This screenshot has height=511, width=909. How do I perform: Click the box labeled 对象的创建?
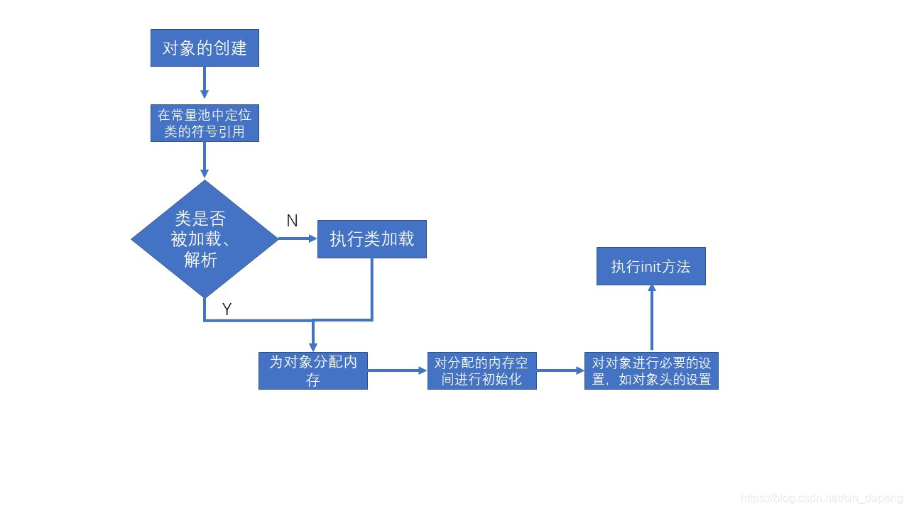pyautogui.click(x=205, y=48)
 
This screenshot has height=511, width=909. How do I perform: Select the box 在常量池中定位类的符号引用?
pyautogui.click(x=205, y=123)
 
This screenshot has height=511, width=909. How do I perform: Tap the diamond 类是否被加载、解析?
pyautogui.click(x=205, y=239)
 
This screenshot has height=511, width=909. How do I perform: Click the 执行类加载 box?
pyautogui.click(x=371, y=239)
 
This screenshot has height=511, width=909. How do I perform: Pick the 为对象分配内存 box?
pyautogui.click(x=312, y=370)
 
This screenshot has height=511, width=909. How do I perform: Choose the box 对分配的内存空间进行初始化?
pyautogui.click(x=481, y=370)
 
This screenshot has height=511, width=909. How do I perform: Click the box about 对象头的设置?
pyautogui.click(x=651, y=370)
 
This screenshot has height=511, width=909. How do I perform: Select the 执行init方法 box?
pyautogui.click(x=651, y=266)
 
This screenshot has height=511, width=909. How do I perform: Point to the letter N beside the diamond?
pyautogui.click(x=292, y=221)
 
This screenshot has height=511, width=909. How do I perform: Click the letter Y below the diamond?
pyautogui.click(x=227, y=309)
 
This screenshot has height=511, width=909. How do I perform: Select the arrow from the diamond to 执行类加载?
pyautogui.click(x=298, y=238)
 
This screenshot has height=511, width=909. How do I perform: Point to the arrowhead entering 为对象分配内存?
pyautogui.click(x=312, y=346)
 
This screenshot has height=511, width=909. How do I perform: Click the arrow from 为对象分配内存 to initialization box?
pyautogui.click(x=397, y=370)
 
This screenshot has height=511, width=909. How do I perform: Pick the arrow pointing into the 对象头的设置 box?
pyautogui.click(x=560, y=370)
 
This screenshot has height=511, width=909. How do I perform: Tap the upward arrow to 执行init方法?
pyautogui.click(x=651, y=319)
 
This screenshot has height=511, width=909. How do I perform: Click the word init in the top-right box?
pyautogui.click(x=651, y=267)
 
